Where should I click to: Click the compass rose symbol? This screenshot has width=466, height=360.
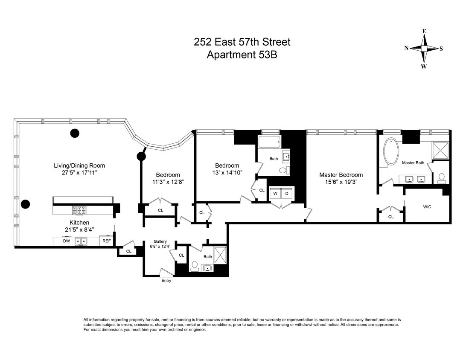tap(424, 49)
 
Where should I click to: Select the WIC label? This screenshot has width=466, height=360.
tap(427, 207)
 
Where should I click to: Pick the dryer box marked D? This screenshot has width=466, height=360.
tap(286, 193)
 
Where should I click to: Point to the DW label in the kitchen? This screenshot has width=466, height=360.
tap(67, 241)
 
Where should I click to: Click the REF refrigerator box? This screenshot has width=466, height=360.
tap(106, 241)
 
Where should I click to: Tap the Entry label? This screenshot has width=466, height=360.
tap(166, 281)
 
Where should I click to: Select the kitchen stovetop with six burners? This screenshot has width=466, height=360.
tap(79, 210)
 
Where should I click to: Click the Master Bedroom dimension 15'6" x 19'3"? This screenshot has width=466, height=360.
tap(341, 182)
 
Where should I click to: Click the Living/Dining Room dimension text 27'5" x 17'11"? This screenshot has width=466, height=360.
tap(79, 173)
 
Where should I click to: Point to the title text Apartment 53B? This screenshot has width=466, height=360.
tap(242, 55)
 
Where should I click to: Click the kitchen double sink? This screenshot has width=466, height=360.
tap(81, 241)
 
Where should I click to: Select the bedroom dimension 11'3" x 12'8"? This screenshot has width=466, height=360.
tap(168, 182)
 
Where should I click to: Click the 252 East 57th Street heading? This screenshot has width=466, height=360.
tap(242, 42)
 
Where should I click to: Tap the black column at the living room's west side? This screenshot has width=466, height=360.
tap(25, 204)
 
